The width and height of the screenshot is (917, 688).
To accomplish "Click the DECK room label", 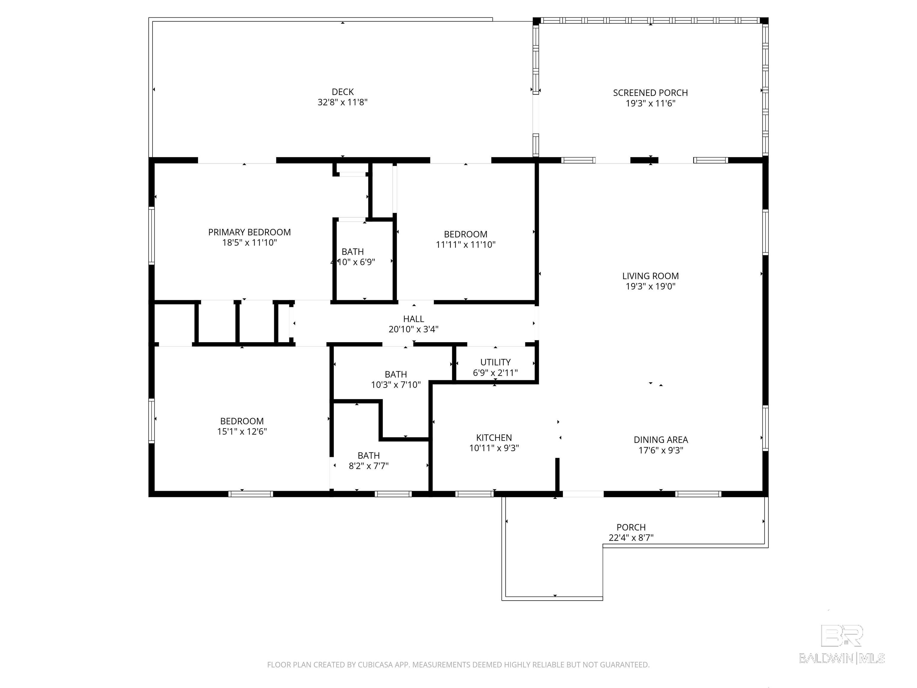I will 342,92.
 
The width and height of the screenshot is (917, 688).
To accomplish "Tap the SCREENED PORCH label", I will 650,93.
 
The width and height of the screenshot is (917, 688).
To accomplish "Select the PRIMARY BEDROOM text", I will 249,232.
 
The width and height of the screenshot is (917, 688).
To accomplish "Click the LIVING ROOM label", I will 650,276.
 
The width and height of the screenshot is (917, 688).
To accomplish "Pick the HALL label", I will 413,319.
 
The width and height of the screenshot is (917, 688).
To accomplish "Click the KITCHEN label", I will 494,437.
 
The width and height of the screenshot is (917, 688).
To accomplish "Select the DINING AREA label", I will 660,440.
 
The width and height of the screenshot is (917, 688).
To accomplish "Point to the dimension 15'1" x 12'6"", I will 242,431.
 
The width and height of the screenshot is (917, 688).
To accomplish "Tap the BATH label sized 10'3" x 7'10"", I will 396,374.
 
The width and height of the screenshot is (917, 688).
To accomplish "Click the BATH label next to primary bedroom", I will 352,252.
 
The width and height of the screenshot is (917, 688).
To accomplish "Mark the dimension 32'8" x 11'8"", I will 342,102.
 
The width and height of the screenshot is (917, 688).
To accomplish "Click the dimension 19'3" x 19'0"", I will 650,286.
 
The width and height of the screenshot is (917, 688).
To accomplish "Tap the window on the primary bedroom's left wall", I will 152,236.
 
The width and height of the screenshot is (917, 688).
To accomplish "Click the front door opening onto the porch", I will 583,494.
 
